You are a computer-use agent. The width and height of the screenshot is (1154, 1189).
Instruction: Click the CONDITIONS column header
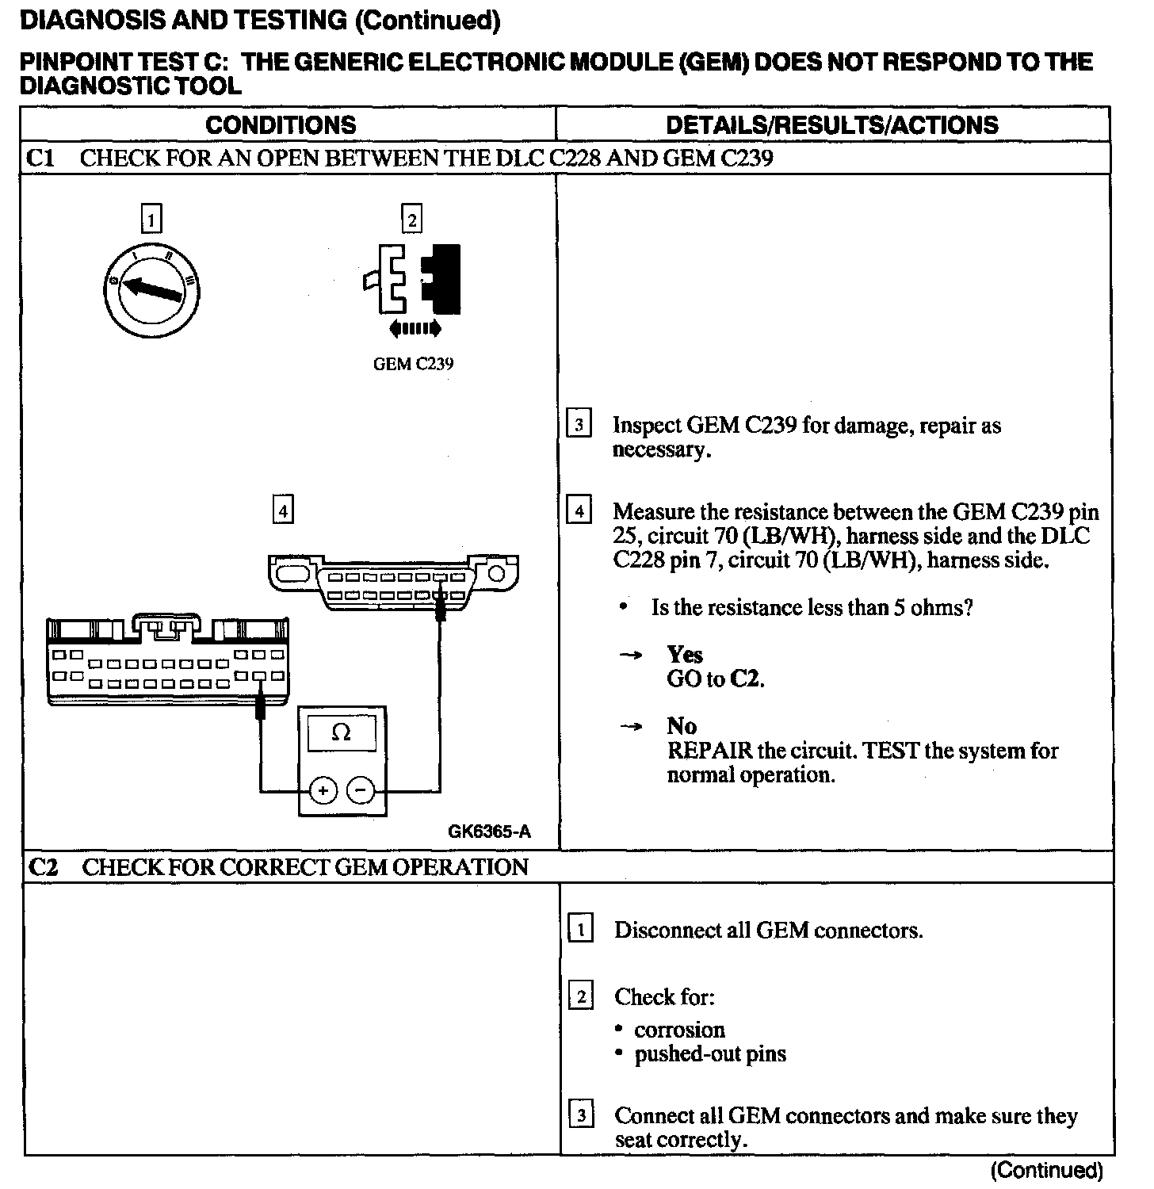pos(281,125)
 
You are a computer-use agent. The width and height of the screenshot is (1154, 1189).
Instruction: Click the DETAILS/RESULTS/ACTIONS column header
pos(831,125)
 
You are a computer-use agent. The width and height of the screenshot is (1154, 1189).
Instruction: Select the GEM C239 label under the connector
pos(413,365)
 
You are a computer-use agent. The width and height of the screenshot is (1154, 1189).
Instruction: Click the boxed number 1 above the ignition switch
pos(151,219)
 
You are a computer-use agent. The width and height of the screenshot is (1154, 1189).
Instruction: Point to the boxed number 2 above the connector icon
pos(411,219)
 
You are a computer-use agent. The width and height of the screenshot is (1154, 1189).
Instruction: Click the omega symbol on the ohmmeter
pos(342,733)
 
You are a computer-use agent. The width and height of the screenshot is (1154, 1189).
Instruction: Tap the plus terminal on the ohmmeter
pos(323,790)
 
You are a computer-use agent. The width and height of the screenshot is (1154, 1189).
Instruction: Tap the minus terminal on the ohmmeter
pos(361,790)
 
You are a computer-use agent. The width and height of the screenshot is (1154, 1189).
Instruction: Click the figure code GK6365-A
pos(489,832)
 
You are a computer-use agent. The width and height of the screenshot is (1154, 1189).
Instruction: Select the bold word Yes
pos(685,655)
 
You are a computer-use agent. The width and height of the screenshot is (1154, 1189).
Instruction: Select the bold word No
pos(682,726)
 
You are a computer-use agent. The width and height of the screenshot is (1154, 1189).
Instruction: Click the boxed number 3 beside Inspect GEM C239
pos(579,425)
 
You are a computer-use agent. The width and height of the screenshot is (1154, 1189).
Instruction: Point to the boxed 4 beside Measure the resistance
pos(579,511)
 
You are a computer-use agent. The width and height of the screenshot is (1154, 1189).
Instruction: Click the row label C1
pos(40,159)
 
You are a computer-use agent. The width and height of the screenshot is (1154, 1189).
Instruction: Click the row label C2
pos(43,867)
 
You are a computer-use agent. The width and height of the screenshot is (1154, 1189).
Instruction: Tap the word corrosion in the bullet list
pos(679,1030)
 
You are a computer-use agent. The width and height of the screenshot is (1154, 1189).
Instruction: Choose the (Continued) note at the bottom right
pos(1046,1170)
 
